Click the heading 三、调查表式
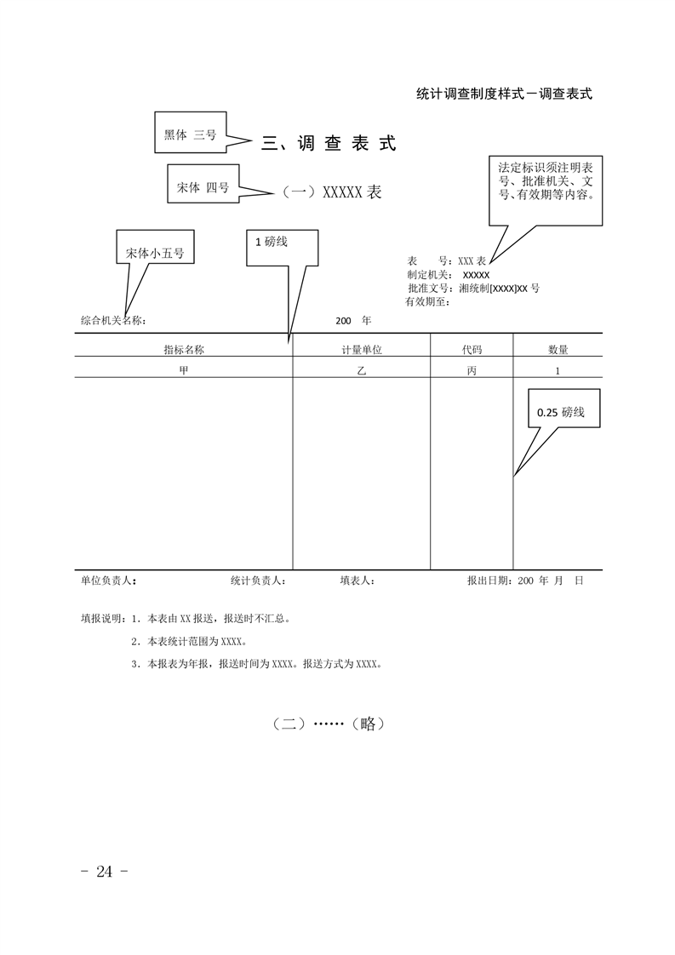coord(329,144)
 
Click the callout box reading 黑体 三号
coord(191,132)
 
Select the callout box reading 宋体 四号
coord(203,184)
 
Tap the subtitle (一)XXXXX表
coord(331,192)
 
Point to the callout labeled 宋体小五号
coord(156,248)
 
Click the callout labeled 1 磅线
coord(282,248)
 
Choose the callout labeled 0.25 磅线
coord(564,408)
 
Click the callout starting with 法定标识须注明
coord(546,190)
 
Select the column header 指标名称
coord(184,350)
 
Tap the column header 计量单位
coord(362,350)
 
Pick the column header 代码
coord(472,350)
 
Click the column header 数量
coord(558,350)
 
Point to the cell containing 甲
coord(184,370)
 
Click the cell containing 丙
coord(472,370)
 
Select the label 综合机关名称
coord(113,321)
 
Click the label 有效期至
coord(427,301)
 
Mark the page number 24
coord(104,872)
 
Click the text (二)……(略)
coord(329,723)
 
